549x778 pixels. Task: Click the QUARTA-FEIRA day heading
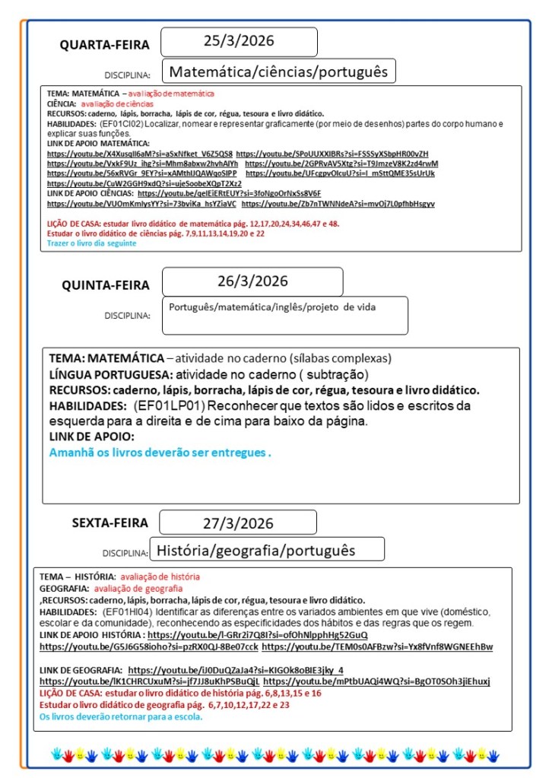[x=105, y=45]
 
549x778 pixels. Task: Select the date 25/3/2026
[x=239, y=41]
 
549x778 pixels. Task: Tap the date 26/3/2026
[x=252, y=281]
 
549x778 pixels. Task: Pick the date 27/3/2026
[x=238, y=522]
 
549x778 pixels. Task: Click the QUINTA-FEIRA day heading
[x=106, y=286]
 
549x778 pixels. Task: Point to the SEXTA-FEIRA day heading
[x=109, y=523]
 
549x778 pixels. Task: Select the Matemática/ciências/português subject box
[x=278, y=72]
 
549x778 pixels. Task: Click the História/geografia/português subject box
[x=266, y=549]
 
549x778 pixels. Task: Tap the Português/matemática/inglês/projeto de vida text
[x=271, y=307]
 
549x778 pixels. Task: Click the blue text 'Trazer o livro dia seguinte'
[x=91, y=243]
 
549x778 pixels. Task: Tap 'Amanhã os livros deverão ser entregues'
[x=160, y=453]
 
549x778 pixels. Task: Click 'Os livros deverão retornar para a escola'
[x=121, y=716]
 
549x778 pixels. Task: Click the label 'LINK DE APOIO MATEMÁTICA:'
[x=98, y=143]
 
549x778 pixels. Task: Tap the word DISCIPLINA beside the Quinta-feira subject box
[x=127, y=315]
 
